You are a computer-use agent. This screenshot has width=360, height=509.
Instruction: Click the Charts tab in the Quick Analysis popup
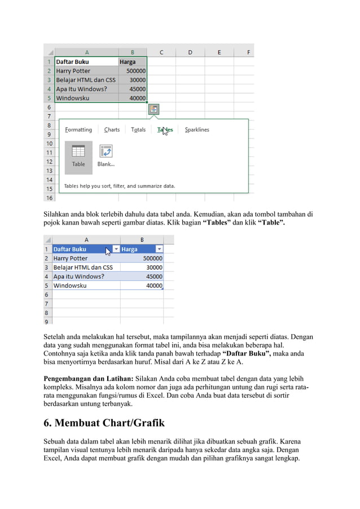(112, 130)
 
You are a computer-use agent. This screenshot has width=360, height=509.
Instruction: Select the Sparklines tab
(197, 130)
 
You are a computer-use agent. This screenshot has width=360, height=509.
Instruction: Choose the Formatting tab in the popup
(78, 130)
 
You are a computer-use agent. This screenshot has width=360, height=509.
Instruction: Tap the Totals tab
(138, 130)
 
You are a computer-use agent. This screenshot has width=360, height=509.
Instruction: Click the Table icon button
(78, 155)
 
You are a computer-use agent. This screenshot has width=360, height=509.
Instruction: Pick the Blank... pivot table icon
(106, 155)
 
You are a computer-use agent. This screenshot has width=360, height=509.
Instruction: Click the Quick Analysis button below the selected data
(153, 109)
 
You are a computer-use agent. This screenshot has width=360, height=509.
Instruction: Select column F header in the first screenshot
(248, 52)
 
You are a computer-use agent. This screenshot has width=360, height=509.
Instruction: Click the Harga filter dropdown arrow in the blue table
(159, 249)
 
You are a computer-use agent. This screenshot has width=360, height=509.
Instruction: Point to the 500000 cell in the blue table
(142, 258)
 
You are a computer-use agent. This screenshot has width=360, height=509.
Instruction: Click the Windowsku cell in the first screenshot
(72, 98)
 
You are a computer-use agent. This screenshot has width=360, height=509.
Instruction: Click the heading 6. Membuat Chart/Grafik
(104, 423)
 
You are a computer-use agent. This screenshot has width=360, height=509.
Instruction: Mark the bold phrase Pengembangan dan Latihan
(88, 379)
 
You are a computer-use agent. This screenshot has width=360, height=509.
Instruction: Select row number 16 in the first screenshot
(49, 198)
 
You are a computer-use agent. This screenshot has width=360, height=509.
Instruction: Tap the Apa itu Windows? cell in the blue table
(78, 277)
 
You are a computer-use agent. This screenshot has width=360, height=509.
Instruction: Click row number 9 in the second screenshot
(45, 321)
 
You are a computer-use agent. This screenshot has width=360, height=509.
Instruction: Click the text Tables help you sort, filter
(119, 186)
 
